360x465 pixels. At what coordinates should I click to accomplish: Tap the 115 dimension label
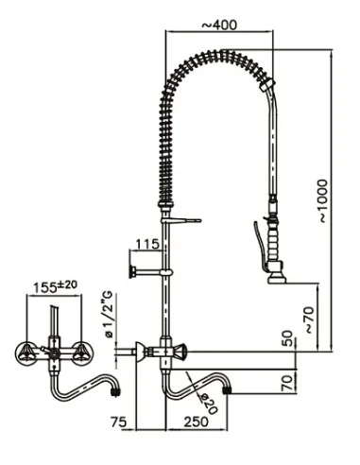pyautogui.click(x=146, y=243)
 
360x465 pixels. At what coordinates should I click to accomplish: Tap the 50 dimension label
pyautogui.click(x=286, y=338)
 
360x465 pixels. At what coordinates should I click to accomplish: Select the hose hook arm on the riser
pyautogui.click(x=188, y=219)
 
